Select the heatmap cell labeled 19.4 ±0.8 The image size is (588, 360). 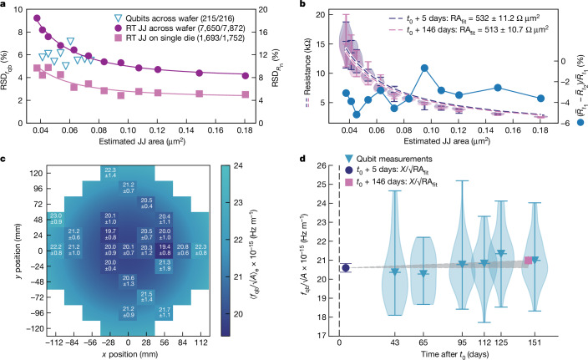point(165,250)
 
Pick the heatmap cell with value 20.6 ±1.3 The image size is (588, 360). point(128,281)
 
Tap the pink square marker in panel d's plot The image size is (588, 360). point(551,260)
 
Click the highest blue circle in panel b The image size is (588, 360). point(424,68)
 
